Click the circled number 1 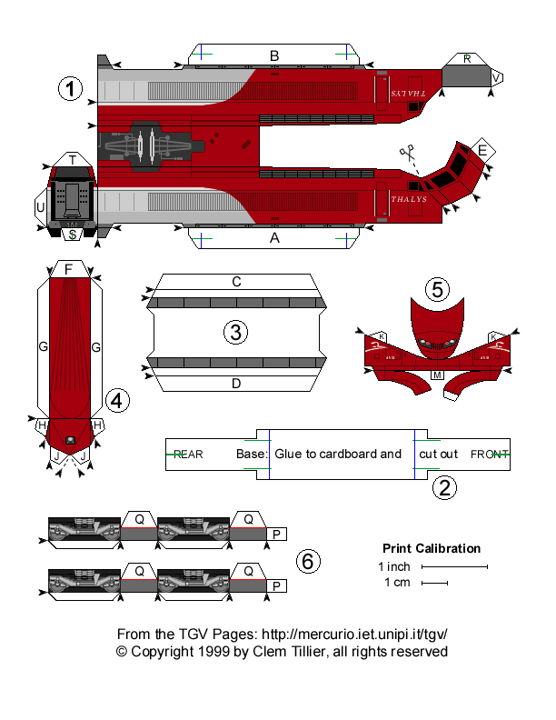69,89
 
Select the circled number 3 235,333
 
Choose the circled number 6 308,562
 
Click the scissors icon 405,155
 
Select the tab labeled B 274,55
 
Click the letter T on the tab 72,160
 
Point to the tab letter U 40,208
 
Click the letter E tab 482,150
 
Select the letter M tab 437,375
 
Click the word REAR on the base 188,454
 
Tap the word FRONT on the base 490,454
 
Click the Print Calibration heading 431,548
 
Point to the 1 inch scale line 453,566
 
